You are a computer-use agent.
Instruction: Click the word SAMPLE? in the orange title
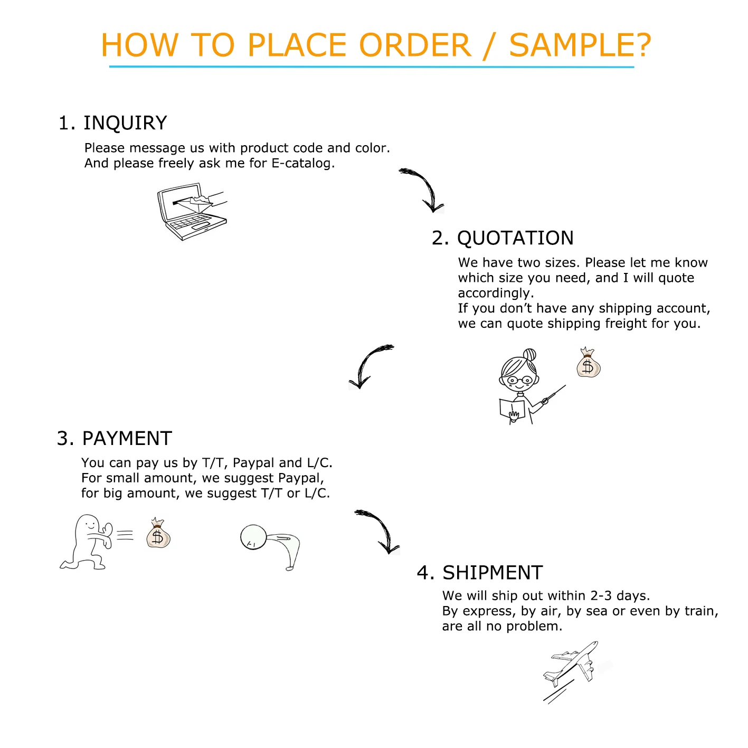click(x=580, y=45)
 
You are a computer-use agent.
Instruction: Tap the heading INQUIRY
click(x=125, y=122)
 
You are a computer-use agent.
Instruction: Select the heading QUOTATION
click(x=515, y=238)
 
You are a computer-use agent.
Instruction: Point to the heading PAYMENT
click(x=127, y=438)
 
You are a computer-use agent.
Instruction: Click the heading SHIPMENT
click(x=492, y=573)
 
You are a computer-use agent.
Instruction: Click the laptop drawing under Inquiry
click(x=192, y=211)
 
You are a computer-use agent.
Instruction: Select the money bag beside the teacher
click(x=588, y=363)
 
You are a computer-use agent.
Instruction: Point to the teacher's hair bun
click(x=529, y=354)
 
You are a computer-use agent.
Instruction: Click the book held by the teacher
click(x=512, y=409)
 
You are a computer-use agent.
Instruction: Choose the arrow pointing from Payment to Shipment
click(x=382, y=527)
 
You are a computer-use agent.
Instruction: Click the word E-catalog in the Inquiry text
click(x=303, y=164)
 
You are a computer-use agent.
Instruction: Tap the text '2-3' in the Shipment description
click(x=601, y=595)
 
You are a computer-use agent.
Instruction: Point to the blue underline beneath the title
click(x=372, y=67)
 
